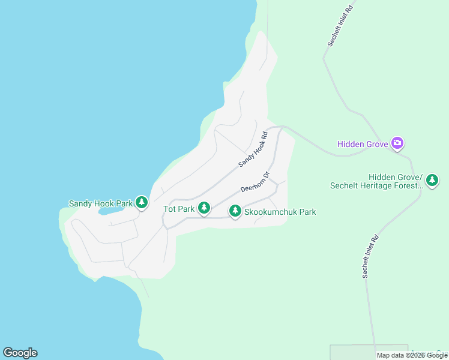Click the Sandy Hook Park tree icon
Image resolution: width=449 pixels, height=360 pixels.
point(142,203)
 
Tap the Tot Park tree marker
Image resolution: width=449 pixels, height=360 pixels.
point(204,208)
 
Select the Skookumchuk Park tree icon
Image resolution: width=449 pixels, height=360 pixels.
point(235,211)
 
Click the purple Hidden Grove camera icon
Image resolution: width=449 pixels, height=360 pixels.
point(397,143)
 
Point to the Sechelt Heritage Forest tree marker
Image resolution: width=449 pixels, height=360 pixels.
point(432,179)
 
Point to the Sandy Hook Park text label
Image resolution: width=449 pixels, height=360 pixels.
point(100,203)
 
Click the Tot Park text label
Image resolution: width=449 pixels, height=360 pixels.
point(179,209)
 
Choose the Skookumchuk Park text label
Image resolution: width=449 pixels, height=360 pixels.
point(280,212)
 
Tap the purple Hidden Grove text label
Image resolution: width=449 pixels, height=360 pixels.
point(362,144)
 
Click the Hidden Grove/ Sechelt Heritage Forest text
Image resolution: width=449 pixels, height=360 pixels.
point(376,181)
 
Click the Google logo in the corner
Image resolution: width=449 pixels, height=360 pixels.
point(20,353)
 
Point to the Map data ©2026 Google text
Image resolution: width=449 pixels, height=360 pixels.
point(412,355)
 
